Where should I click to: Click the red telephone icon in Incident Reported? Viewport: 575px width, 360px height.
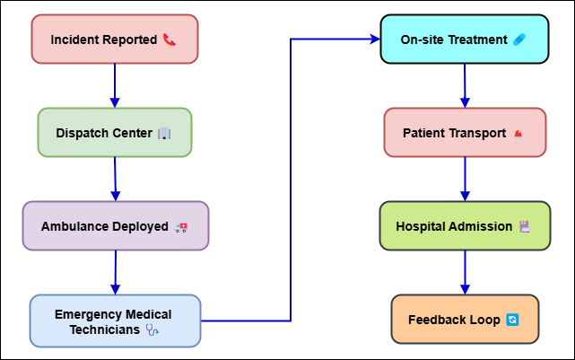(170, 40)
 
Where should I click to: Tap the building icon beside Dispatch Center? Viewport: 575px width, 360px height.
(164, 133)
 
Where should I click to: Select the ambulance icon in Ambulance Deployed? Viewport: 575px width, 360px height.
(181, 227)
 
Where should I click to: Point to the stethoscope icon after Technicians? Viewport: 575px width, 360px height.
(152, 329)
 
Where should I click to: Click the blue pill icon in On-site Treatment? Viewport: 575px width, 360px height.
(519, 40)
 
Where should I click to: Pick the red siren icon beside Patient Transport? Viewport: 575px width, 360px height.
(518, 133)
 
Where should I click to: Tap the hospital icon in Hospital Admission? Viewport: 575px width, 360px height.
(525, 226)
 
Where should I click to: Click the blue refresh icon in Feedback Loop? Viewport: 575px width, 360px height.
(512, 320)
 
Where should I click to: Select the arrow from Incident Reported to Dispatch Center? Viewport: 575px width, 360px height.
(115, 85)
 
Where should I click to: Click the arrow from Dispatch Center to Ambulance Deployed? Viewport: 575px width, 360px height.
(115, 179)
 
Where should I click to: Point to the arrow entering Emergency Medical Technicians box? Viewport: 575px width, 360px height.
(116, 273)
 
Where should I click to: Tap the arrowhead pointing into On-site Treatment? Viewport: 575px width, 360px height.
(376, 39)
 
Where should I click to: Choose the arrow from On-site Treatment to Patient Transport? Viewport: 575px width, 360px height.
(465, 85)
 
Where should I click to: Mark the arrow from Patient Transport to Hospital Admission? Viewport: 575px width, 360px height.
(465, 179)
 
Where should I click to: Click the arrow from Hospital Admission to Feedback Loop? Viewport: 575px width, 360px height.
(465, 273)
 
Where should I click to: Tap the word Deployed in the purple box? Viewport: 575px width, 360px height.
(141, 227)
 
